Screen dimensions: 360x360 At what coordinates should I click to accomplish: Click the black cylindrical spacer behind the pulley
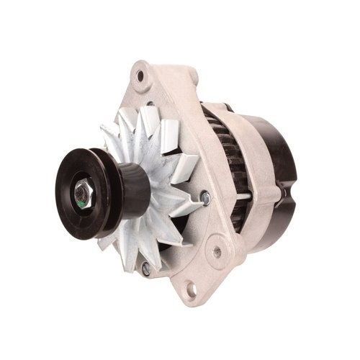click(134, 189)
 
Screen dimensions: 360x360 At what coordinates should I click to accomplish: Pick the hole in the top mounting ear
click(143, 74)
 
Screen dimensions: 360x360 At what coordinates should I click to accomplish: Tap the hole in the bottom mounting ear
click(191, 289)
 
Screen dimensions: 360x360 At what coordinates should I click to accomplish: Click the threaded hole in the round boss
click(216, 252)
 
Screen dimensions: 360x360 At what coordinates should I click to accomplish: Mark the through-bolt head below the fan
click(147, 268)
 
